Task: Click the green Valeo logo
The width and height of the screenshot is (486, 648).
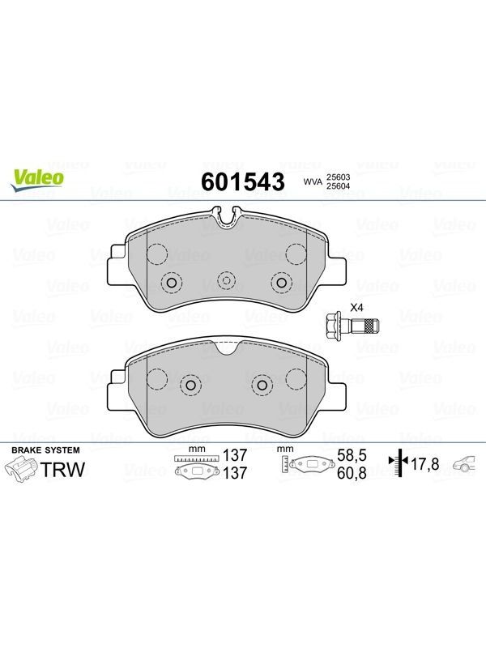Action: click(37, 181)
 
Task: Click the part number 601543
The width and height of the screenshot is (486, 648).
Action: click(243, 181)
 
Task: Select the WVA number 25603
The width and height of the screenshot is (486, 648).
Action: click(339, 177)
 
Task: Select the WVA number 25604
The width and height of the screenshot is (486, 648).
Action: click(339, 186)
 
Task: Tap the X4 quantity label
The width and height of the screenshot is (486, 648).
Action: click(356, 308)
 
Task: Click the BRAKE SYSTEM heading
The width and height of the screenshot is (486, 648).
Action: click(45, 450)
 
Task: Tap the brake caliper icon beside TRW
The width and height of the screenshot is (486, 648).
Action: click(21, 471)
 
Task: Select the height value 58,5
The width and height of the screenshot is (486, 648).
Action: click(352, 455)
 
